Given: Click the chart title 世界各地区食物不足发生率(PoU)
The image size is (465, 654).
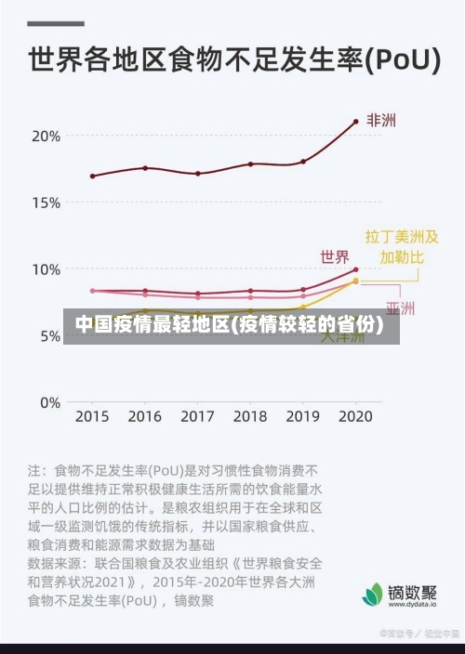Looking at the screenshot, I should coord(232,60).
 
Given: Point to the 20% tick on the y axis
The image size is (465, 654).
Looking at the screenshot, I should coord(46,136).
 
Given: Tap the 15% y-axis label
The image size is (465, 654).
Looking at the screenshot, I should coord(46,203).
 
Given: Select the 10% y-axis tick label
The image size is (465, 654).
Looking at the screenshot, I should coord(46,269).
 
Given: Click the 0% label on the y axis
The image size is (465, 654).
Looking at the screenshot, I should coord(49,403).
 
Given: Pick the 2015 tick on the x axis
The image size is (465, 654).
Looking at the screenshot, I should coord(91,417).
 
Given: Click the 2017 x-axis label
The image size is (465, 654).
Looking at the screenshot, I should coord(197,417).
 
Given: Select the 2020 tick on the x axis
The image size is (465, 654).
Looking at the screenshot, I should coord(355,417).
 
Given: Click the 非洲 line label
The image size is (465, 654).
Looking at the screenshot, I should coord(381,121).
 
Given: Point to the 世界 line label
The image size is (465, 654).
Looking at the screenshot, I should coord(335,256).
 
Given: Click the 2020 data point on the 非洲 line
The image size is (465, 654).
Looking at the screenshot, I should coord(355,122).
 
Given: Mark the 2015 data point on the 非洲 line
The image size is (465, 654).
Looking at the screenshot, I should coord(92,176).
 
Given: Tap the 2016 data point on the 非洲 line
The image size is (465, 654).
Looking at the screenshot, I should coord(145,168).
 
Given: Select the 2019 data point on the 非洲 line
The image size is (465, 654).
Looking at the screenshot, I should coord(303,162).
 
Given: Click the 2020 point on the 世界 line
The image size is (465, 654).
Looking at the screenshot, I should coord(355,270).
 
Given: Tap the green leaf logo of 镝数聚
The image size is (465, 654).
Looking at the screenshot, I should coord(373,594).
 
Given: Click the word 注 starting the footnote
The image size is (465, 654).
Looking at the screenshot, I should coord(36,470).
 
